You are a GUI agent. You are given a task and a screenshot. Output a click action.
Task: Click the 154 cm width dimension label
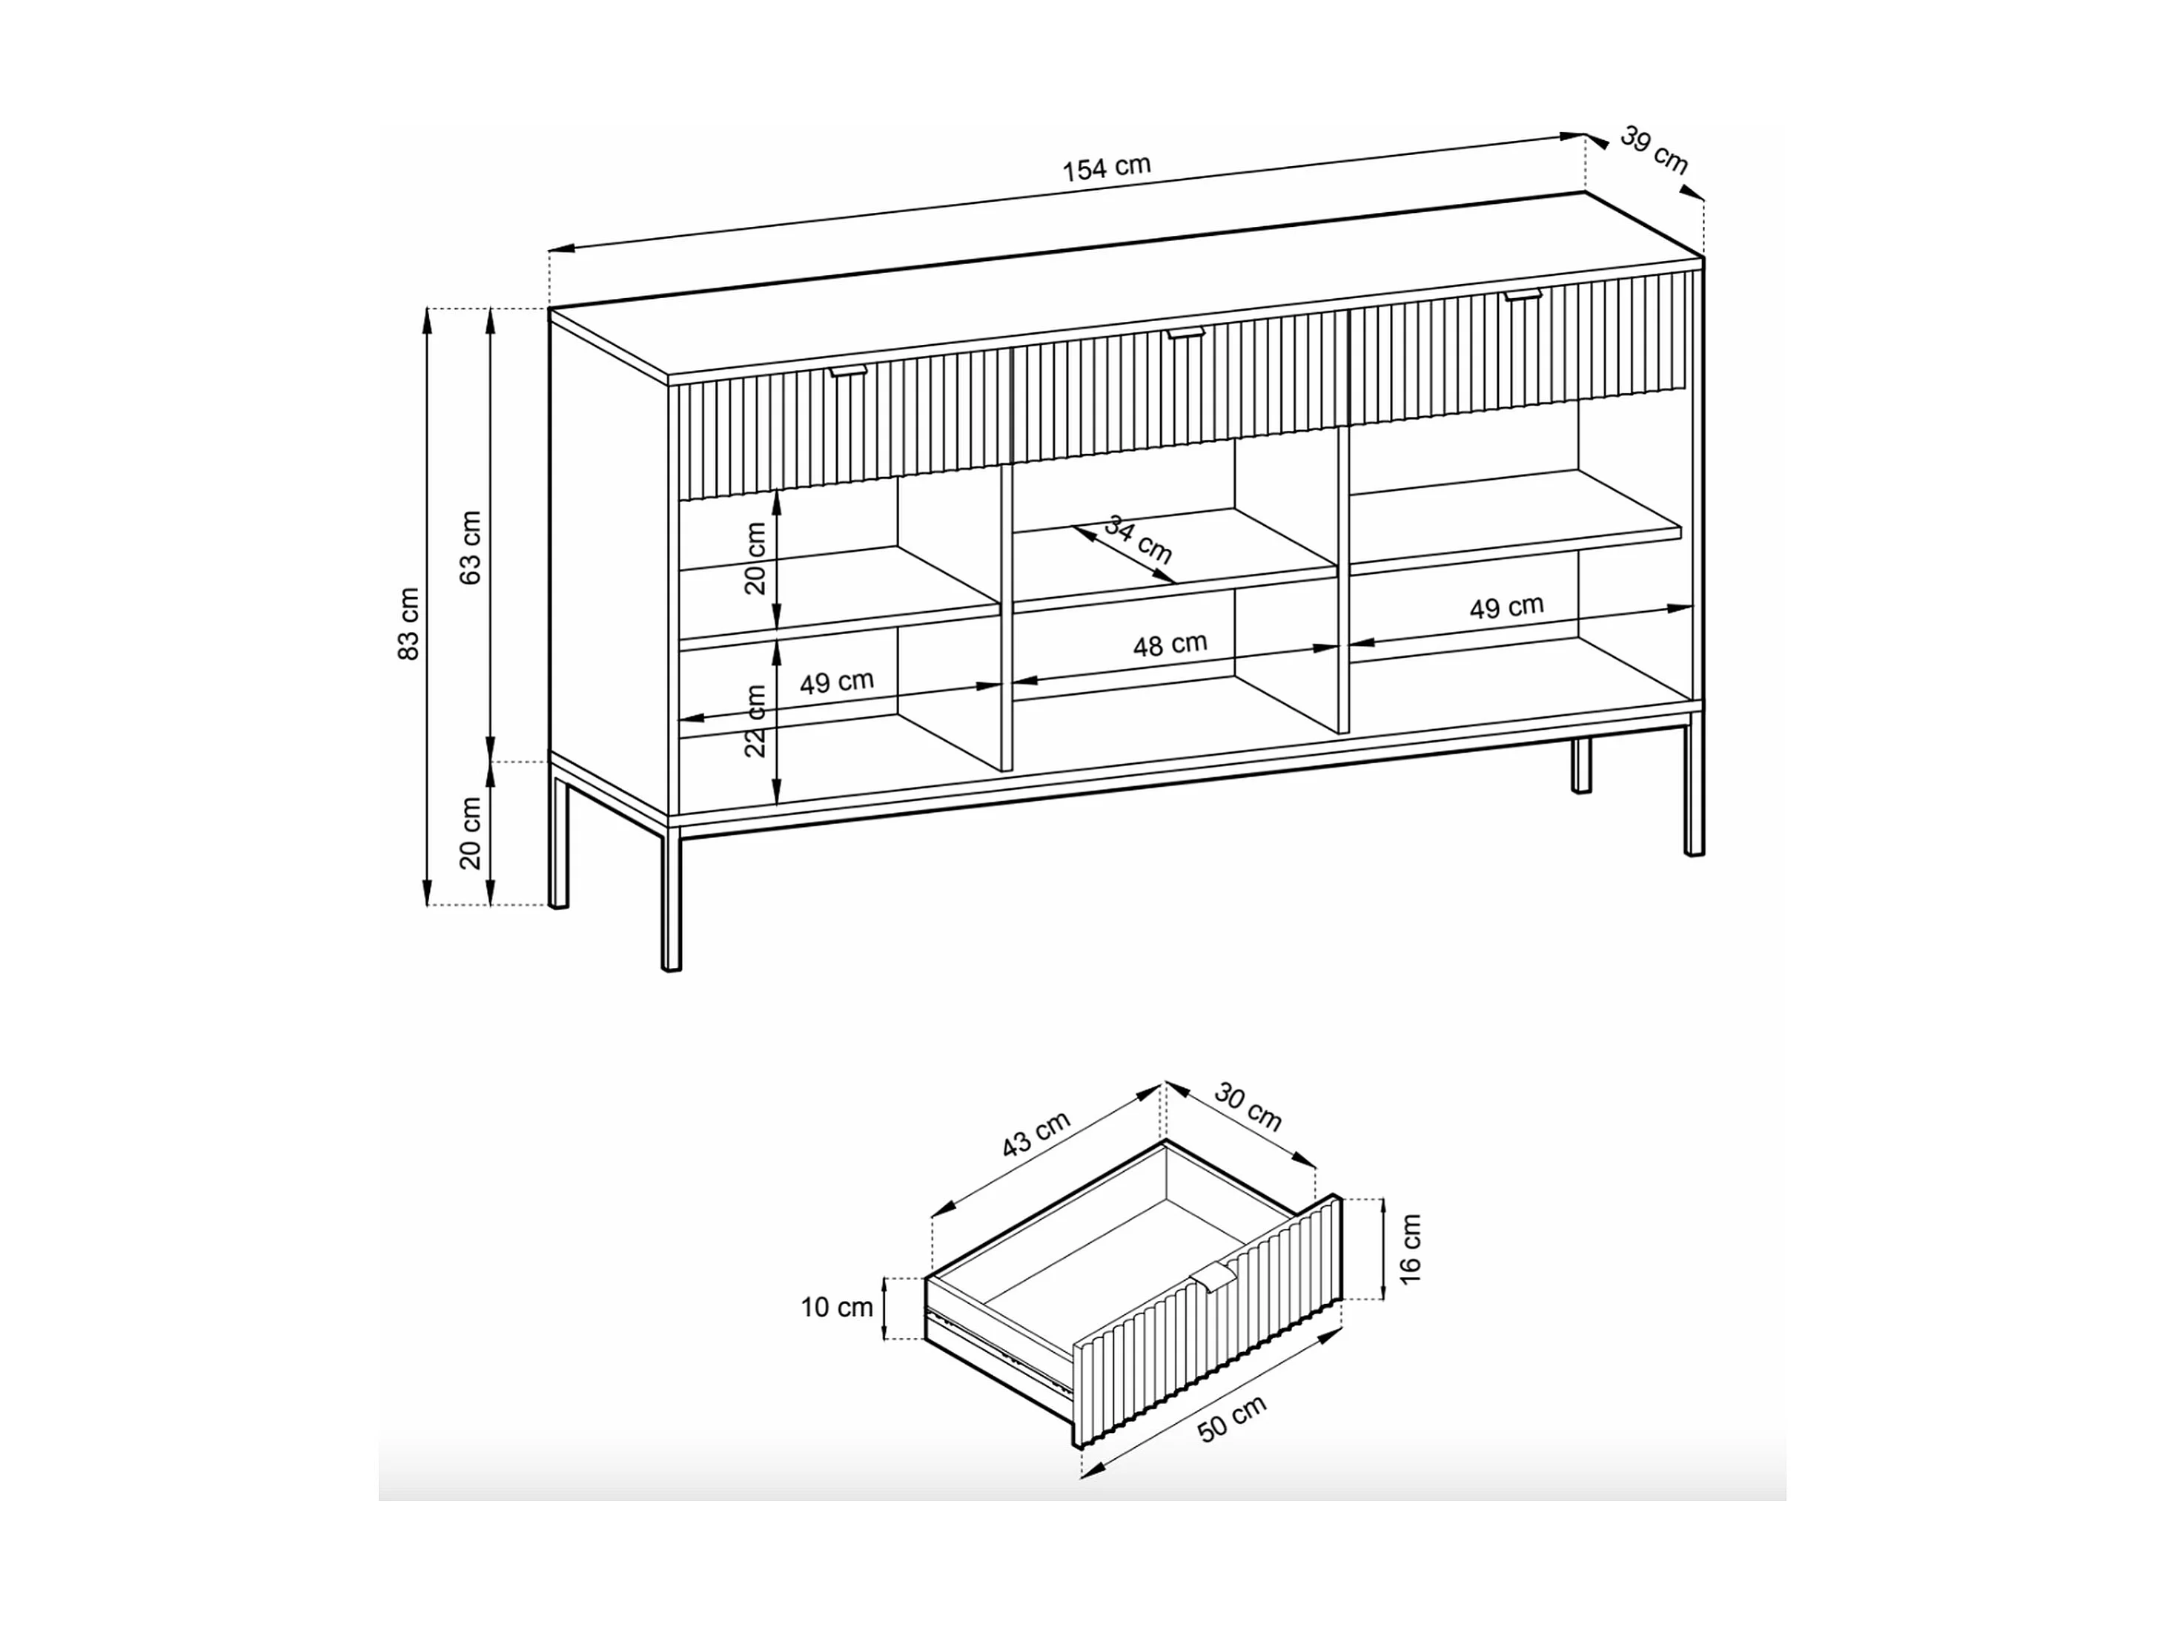(1107, 168)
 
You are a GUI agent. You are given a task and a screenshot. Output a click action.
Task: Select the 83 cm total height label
(409, 624)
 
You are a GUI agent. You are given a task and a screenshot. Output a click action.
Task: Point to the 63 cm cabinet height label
(471, 547)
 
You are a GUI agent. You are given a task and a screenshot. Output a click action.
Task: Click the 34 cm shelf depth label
(1138, 540)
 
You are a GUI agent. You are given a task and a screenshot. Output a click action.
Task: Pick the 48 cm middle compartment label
(1170, 645)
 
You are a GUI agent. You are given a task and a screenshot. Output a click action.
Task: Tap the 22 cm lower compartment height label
(755, 721)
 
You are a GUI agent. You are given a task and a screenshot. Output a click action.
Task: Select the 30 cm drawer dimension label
(1248, 1107)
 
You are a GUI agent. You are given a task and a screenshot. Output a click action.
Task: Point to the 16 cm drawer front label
(1410, 1249)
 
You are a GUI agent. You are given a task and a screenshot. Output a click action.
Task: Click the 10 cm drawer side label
(836, 1307)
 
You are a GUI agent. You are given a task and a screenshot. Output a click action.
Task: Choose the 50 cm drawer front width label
(1233, 1418)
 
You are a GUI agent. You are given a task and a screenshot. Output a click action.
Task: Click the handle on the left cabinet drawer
(849, 372)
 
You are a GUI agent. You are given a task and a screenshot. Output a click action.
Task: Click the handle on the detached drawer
(1214, 1277)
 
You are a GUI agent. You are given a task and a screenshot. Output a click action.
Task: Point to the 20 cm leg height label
(471, 833)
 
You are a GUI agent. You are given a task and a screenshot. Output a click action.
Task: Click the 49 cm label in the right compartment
(1507, 607)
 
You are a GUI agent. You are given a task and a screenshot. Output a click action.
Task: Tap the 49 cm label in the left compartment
(837, 682)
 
